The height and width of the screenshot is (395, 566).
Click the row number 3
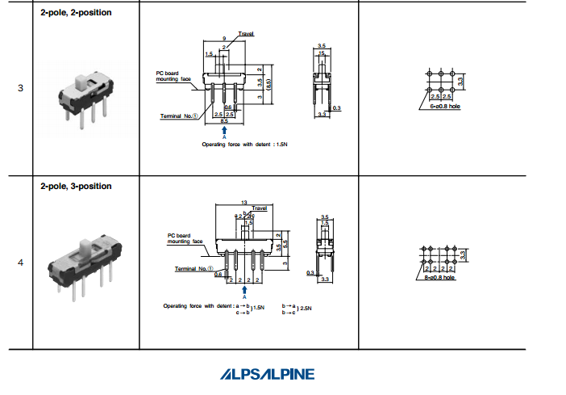pyautogui.click(x=20, y=88)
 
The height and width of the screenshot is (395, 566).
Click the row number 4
pyautogui.click(x=20, y=262)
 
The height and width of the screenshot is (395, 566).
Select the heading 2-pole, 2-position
pyautogui.click(x=76, y=13)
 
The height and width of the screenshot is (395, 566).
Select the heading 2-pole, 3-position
pyautogui.click(x=76, y=186)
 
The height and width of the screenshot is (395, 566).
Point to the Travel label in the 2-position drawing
pyautogui.click(x=246, y=35)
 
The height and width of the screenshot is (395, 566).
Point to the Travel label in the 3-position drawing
pyautogui.click(x=259, y=208)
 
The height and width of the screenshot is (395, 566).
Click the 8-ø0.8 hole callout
pyautogui.click(x=438, y=277)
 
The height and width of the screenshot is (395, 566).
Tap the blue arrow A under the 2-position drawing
pyautogui.click(x=224, y=130)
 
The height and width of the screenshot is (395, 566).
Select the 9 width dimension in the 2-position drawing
pyautogui.click(x=224, y=39)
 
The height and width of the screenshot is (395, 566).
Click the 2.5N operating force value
pyautogui.click(x=307, y=309)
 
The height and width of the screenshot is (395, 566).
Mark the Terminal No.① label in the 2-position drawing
pyautogui.click(x=179, y=116)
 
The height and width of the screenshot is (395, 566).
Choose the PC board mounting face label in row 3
pyautogui.click(x=173, y=76)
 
